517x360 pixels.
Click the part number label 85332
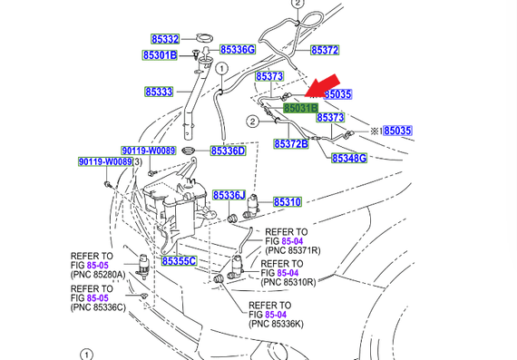(x=165, y=39)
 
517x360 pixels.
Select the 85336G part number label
(x=238, y=50)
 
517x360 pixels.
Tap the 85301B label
(x=160, y=55)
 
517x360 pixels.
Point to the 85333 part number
(x=159, y=92)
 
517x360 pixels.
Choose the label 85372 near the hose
(x=325, y=50)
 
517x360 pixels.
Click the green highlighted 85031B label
(x=301, y=108)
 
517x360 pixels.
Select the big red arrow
(x=322, y=86)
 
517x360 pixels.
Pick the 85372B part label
(x=291, y=144)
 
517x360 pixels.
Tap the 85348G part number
(x=349, y=158)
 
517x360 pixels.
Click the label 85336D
(x=229, y=151)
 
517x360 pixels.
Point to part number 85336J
(x=229, y=195)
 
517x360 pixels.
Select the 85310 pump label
(x=288, y=201)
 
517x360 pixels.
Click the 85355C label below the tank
(x=179, y=261)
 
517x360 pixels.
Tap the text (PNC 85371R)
(x=293, y=250)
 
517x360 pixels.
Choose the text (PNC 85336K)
(x=276, y=324)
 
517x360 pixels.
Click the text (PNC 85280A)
(x=98, y=275)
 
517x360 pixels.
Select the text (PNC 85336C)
(x=98, y=307)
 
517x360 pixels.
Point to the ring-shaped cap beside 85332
(x=204, y=37)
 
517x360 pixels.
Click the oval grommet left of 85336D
(x=189, y=151)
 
